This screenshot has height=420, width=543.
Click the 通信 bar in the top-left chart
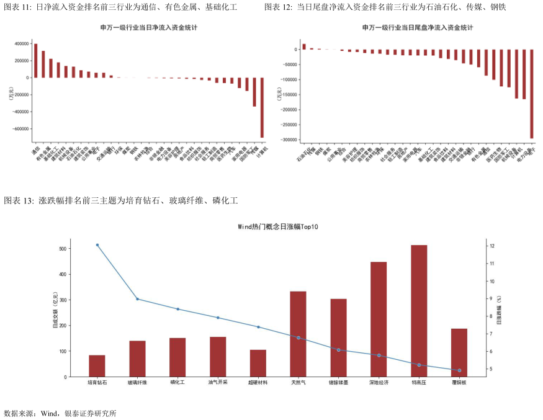coord(35,61)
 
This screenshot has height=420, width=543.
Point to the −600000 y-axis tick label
coord(18,129)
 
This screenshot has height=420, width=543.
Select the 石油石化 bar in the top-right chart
coord(304,47)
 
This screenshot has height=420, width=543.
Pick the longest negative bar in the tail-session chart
coord(532,94)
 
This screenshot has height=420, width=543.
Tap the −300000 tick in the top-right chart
coord(288,140)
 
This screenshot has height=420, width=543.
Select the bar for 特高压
coord(419,311)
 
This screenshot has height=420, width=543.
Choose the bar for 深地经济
coord(379,319)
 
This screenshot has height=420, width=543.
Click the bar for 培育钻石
coord(97,366)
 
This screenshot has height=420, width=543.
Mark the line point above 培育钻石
coord(97,245)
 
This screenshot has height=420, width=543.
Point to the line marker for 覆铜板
coord(459,370)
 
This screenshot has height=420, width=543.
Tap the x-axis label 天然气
coord(298,383)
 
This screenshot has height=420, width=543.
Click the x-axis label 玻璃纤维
coord(137,383)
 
